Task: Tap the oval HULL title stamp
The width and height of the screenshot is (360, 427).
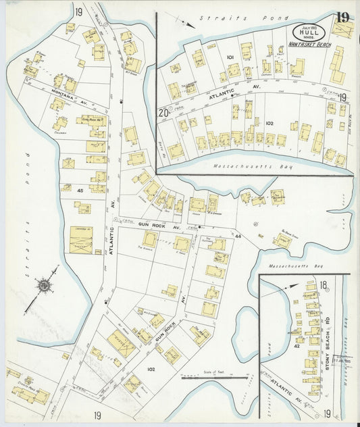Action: (310, 32)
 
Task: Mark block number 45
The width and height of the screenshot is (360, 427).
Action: (80, 191)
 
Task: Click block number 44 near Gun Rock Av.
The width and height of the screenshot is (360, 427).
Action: (238, 236)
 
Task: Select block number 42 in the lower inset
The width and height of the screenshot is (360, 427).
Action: (297, 346)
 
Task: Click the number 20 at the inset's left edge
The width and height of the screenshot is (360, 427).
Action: (163, 113)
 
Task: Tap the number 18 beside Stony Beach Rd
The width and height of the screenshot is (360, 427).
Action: (324, 286)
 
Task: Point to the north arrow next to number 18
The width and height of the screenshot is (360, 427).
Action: (292, 287)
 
